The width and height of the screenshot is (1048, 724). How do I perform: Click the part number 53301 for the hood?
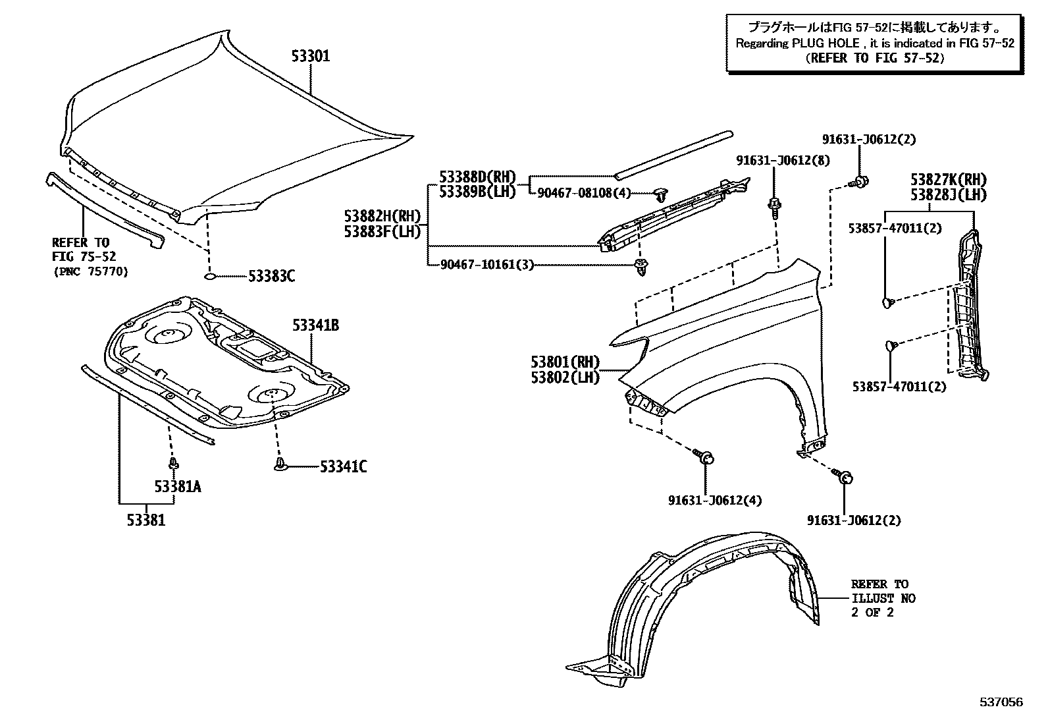[311, 57]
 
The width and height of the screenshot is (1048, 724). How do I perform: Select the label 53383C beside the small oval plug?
[271, 277]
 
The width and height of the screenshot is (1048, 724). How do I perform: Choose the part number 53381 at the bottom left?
[146, 520]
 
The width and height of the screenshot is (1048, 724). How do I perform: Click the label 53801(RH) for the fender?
[565, 362]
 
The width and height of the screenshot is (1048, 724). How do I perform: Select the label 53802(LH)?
[565, 378]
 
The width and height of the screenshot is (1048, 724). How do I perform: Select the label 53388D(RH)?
[477, 177]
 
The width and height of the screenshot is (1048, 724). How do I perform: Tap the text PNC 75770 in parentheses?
[90, 271]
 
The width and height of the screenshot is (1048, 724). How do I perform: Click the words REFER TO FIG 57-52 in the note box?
[875, 58]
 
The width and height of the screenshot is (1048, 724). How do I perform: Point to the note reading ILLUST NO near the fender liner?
[883, 598]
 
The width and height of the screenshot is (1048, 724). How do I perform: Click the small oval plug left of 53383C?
[210, 277]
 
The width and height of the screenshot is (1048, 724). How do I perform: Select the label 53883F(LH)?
[382, 232]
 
